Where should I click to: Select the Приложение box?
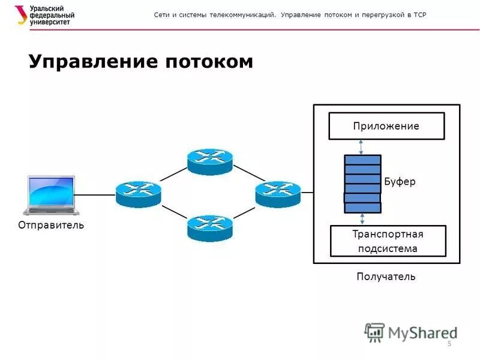386,126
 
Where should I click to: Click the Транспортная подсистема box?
388,241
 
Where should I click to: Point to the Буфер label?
400,181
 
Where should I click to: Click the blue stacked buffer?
362,184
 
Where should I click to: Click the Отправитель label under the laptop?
51,226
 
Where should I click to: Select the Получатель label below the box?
386,277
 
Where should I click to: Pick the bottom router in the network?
209,227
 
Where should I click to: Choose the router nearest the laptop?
139,194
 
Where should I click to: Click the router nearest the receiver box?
277,194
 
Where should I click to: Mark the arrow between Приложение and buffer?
361,147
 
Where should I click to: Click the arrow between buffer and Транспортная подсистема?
362,219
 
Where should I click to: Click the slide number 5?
449,343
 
